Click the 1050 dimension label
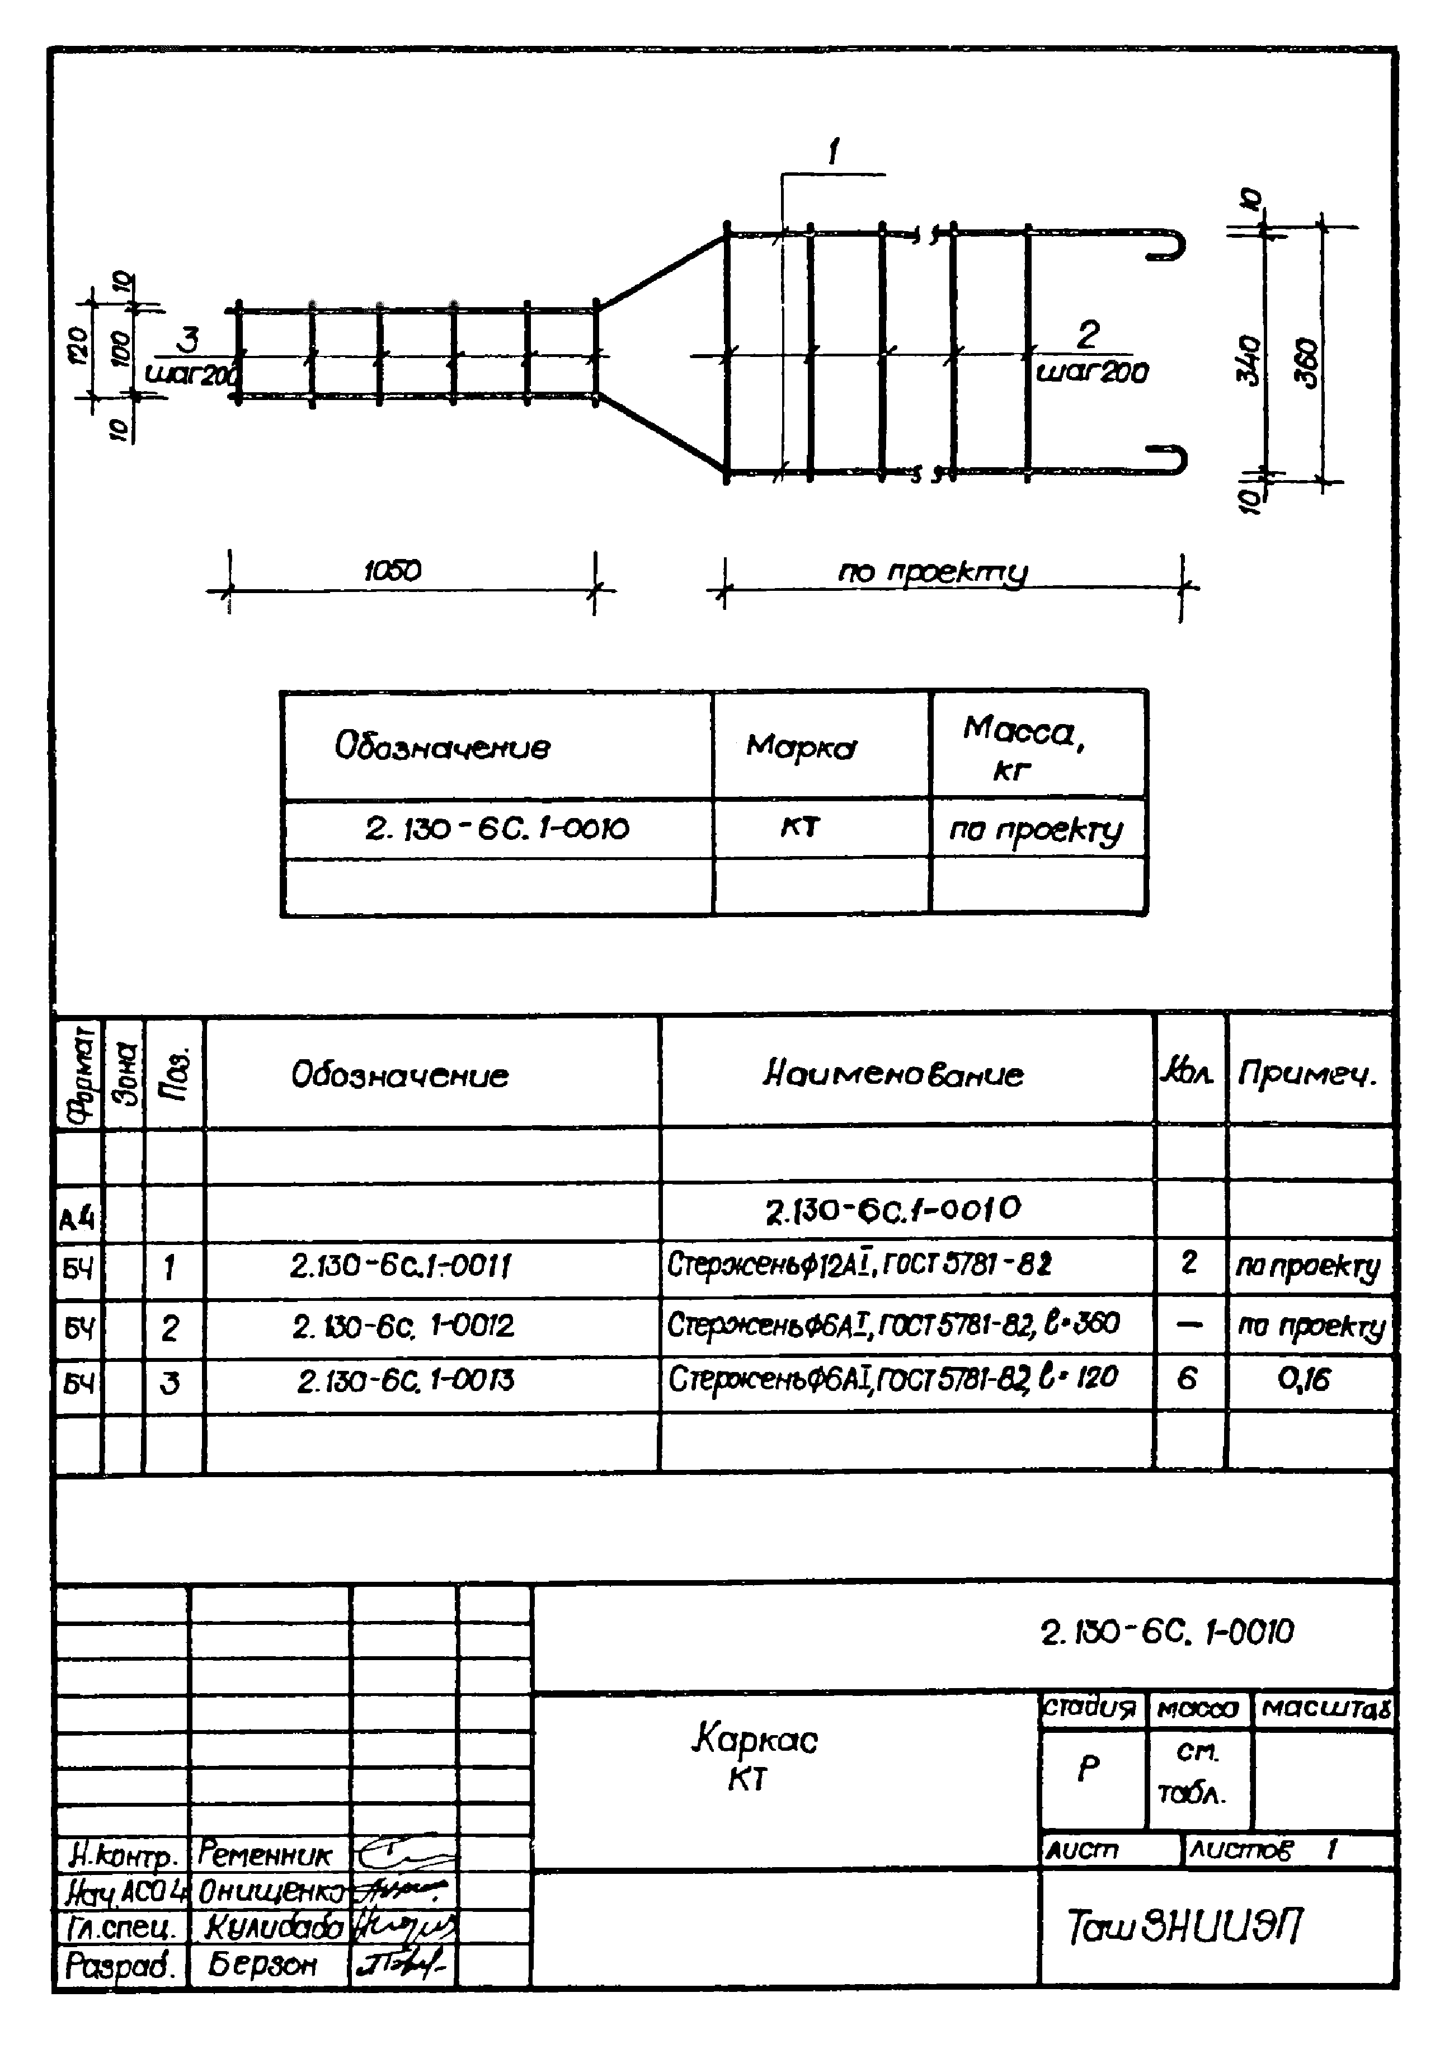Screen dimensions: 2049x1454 pyautogui.click(x=392, y=571)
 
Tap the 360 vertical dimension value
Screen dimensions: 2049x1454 pyautogui.click(x=1308, y=362)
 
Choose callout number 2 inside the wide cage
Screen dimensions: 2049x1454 pyautogui.click(x=1087, y=335)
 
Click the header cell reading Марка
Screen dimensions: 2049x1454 pyautogui.click(x=801, y=746)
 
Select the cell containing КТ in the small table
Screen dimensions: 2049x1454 pyautogui.click(x=799, y=826)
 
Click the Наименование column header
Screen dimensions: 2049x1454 pyautogui.click(x=893, y=1074)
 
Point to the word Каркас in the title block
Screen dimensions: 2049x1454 pyautogui.click(x=755, y=1739)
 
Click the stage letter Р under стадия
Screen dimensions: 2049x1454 pyautogui.click(x=1088, y=1769)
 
